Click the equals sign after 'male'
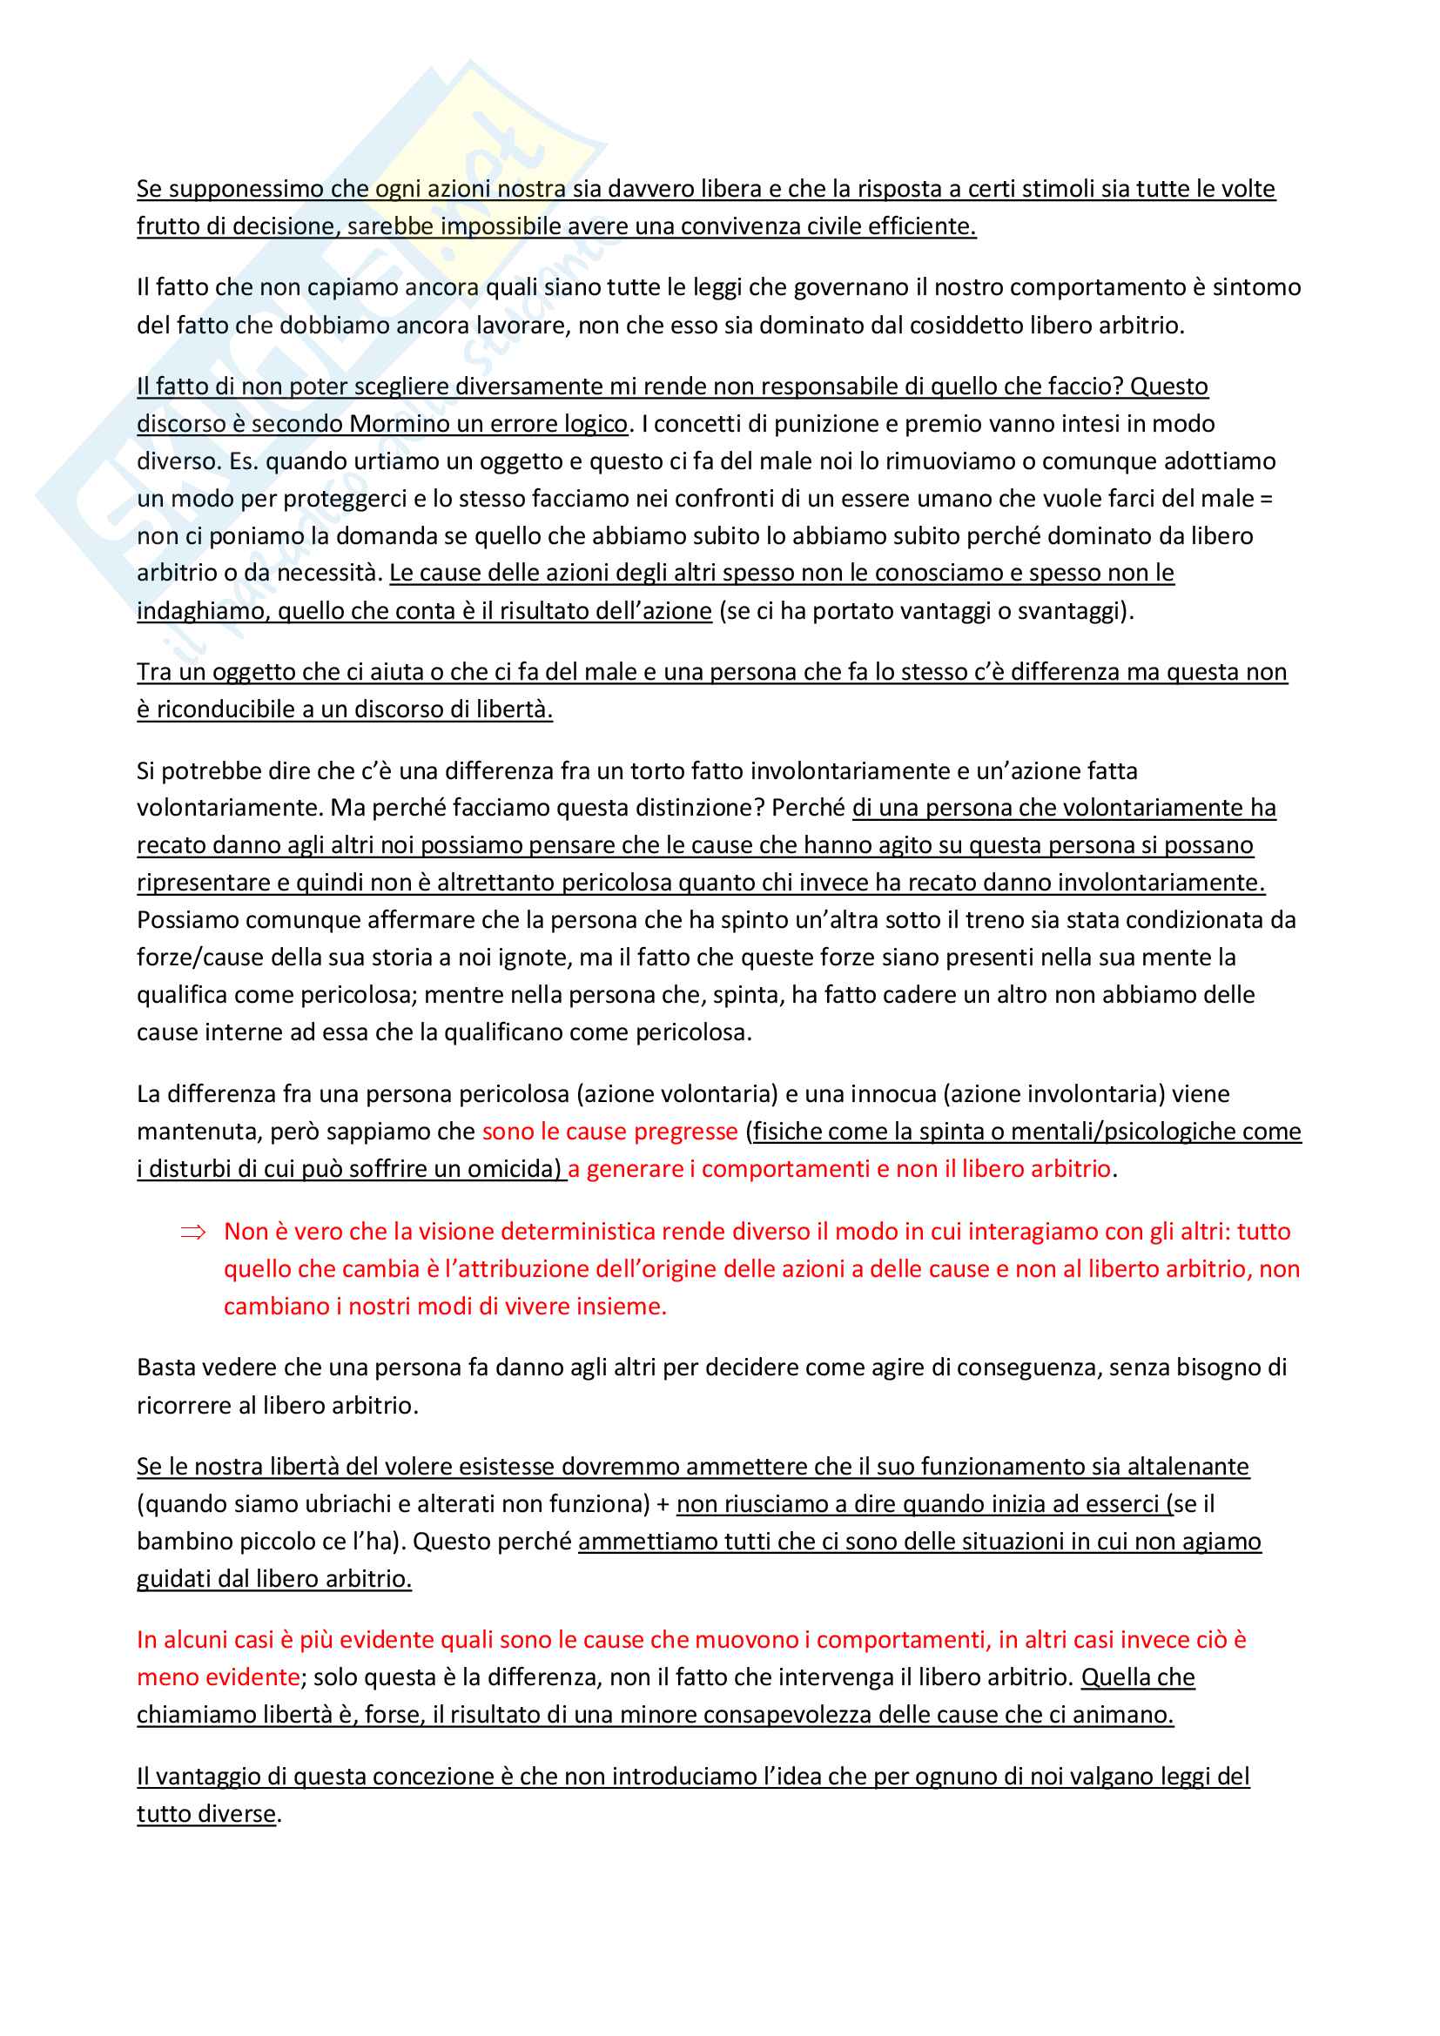[1265, 499]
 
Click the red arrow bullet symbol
[192, 1232]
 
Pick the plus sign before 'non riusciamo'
[663, 1505]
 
